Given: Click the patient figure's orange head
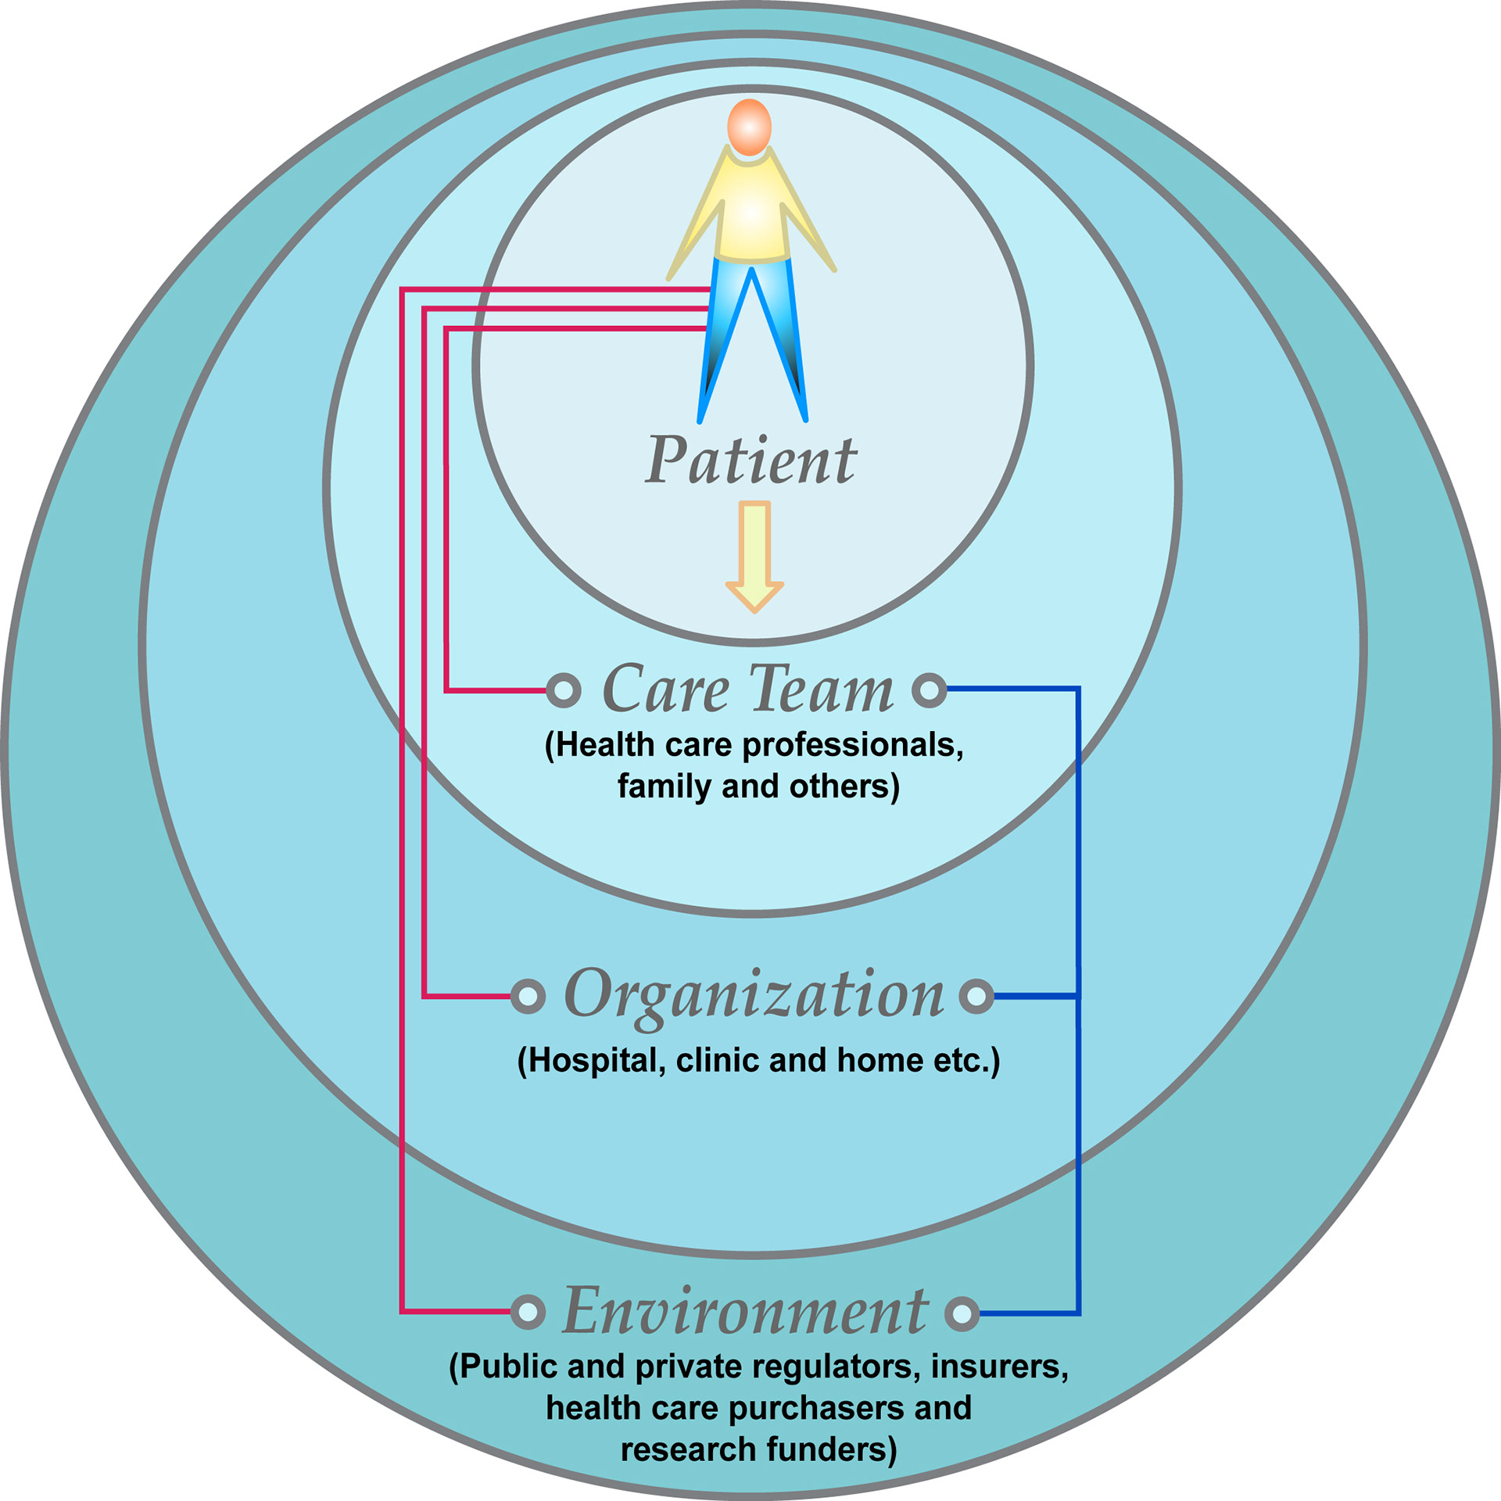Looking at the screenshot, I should click(749, 127).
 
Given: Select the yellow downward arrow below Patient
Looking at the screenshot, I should click(754, 556).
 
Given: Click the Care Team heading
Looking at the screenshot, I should click(747, 690).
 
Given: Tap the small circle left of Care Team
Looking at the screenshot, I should click(564, 690).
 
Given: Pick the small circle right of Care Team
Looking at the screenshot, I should click(930, 690).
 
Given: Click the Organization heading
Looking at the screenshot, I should click(754, 994).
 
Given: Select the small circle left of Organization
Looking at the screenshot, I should click(528, 996).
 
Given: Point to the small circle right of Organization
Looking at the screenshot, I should click(976, 996).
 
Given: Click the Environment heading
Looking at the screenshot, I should click(746, 1311).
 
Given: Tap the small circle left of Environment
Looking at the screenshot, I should click(528, 1312).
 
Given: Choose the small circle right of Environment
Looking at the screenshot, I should click(962, 1313).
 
